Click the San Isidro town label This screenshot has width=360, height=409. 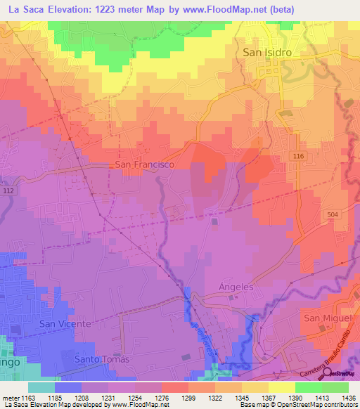point(267,52)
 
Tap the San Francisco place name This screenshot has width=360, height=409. point(144,164)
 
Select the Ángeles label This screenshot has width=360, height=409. point(236,287)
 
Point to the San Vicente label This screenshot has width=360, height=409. point(65,324)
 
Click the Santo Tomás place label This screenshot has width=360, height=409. point(103,359)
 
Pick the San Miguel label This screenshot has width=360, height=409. point(326,318)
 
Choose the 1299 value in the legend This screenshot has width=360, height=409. point(187,397)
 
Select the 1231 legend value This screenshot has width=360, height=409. point(108,397)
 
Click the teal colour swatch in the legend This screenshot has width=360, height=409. point(41,387)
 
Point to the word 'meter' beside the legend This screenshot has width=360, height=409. point(11,397)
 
